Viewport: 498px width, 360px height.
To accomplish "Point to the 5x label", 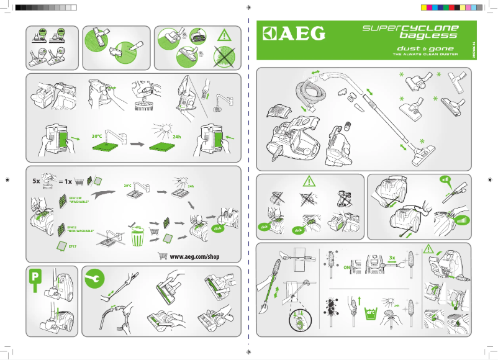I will tap(37, 182).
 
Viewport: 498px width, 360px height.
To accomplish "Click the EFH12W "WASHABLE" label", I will tap(79, 200).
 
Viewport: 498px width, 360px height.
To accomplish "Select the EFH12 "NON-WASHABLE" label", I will tap(79, 228).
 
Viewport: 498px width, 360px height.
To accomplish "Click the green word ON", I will tap(348, 268).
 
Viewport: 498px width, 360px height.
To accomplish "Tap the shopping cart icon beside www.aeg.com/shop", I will tap(163, 256).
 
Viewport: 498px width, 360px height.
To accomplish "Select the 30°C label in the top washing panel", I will tap(96, 135).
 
